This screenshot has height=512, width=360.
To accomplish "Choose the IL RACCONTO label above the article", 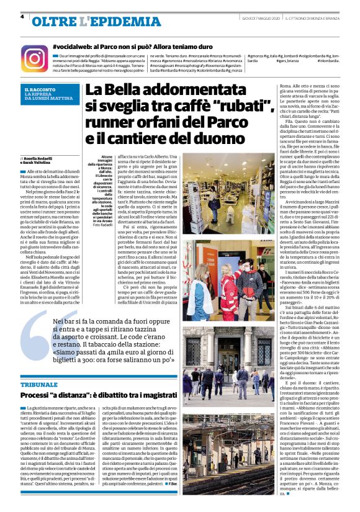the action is tap(37, 90).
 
